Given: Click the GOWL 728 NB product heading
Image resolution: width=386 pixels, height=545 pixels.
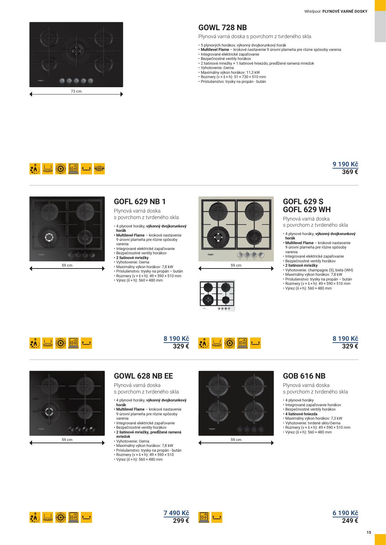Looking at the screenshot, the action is pyautogui.click(x=223, y=28).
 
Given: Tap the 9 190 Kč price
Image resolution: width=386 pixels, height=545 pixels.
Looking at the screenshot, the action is pyautogui.click(x=345, y=164).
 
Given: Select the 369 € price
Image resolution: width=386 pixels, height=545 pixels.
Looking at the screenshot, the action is pyautogui.click(x=350, y=172).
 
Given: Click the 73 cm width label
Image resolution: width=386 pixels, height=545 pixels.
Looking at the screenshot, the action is pyautogui.click(x=76, y=91).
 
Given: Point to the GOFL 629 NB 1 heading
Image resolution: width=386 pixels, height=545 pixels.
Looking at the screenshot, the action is pyautogui.click(x=140, y=201).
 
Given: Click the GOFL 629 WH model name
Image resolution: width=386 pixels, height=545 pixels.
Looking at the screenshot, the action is pyautogui.click(x=307, y=210).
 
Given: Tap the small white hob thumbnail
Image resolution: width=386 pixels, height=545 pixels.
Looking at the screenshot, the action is pyautogui.click(x=217, y=296).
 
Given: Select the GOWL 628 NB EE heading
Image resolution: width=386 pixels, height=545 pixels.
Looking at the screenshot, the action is pyautogui.click(x=143, y=376).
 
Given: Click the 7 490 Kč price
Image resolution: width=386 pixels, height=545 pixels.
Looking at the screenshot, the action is pyautogui.click(x=176, y=513).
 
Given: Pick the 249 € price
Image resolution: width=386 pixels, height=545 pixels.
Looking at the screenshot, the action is pyautogui.click(x=350, y=520).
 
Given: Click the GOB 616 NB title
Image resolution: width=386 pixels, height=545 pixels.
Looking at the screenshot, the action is pyautogui.click(x=304, y=376).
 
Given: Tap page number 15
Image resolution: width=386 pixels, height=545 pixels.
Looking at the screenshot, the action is pyautogui.click(x=369, y=532).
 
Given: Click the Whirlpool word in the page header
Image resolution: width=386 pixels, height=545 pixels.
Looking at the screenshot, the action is pyautogui.click(x=312, y=11).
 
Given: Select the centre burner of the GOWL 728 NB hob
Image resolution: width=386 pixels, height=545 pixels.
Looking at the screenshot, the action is pyautogui.click(x=76, y=51).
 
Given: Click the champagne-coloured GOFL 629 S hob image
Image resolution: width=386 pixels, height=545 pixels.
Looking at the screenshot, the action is pyautogui.click(x=236, y=229).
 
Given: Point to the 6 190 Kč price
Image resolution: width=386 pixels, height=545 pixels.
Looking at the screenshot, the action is pyautogui.click(x=345, y=513).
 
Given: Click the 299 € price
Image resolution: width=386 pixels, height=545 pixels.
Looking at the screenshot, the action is pyautogui.click(x=181, y=520).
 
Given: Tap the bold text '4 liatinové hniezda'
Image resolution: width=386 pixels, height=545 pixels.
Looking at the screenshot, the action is pyautogui.click(x=301, y=414).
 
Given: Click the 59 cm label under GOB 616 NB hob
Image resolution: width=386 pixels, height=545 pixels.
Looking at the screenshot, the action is pyautogui.click(x=236, y=440).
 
